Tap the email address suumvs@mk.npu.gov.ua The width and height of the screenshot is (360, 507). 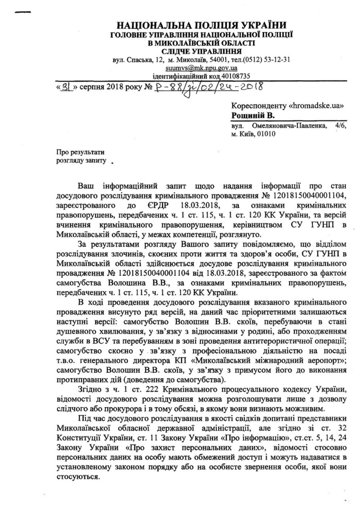[x=201, y=68]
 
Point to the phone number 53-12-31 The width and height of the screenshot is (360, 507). [x=278, y=59]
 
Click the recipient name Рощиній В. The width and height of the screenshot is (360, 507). [x=253, y=116]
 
